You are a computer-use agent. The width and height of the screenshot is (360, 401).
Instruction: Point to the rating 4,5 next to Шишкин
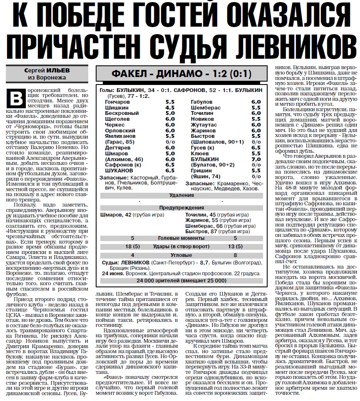pos(170,107)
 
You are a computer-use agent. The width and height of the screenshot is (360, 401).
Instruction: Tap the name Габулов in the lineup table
pos(201,102)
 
